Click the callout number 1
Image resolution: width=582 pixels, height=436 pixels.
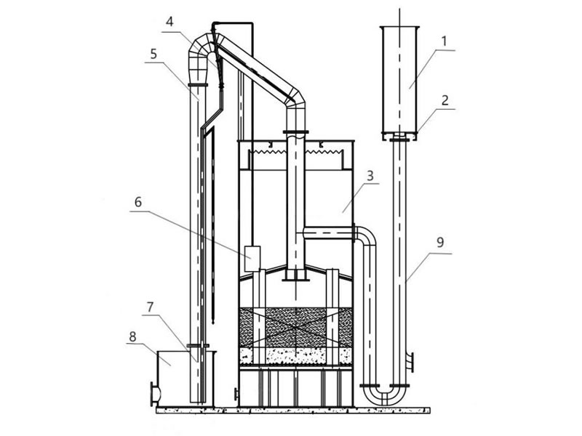click(443, 42)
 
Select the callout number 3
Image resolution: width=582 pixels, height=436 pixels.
click(370, 175)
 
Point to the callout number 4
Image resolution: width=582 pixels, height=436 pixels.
click(169, 20)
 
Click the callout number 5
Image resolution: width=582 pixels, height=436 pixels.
click(153, 53)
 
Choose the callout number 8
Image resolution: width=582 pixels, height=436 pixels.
click(132, 336)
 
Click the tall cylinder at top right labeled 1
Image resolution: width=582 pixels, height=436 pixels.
click(402, 80)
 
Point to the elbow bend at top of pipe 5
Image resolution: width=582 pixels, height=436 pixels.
click(199, 54)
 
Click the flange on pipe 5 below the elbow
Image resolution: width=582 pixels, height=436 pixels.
click(196, 88)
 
